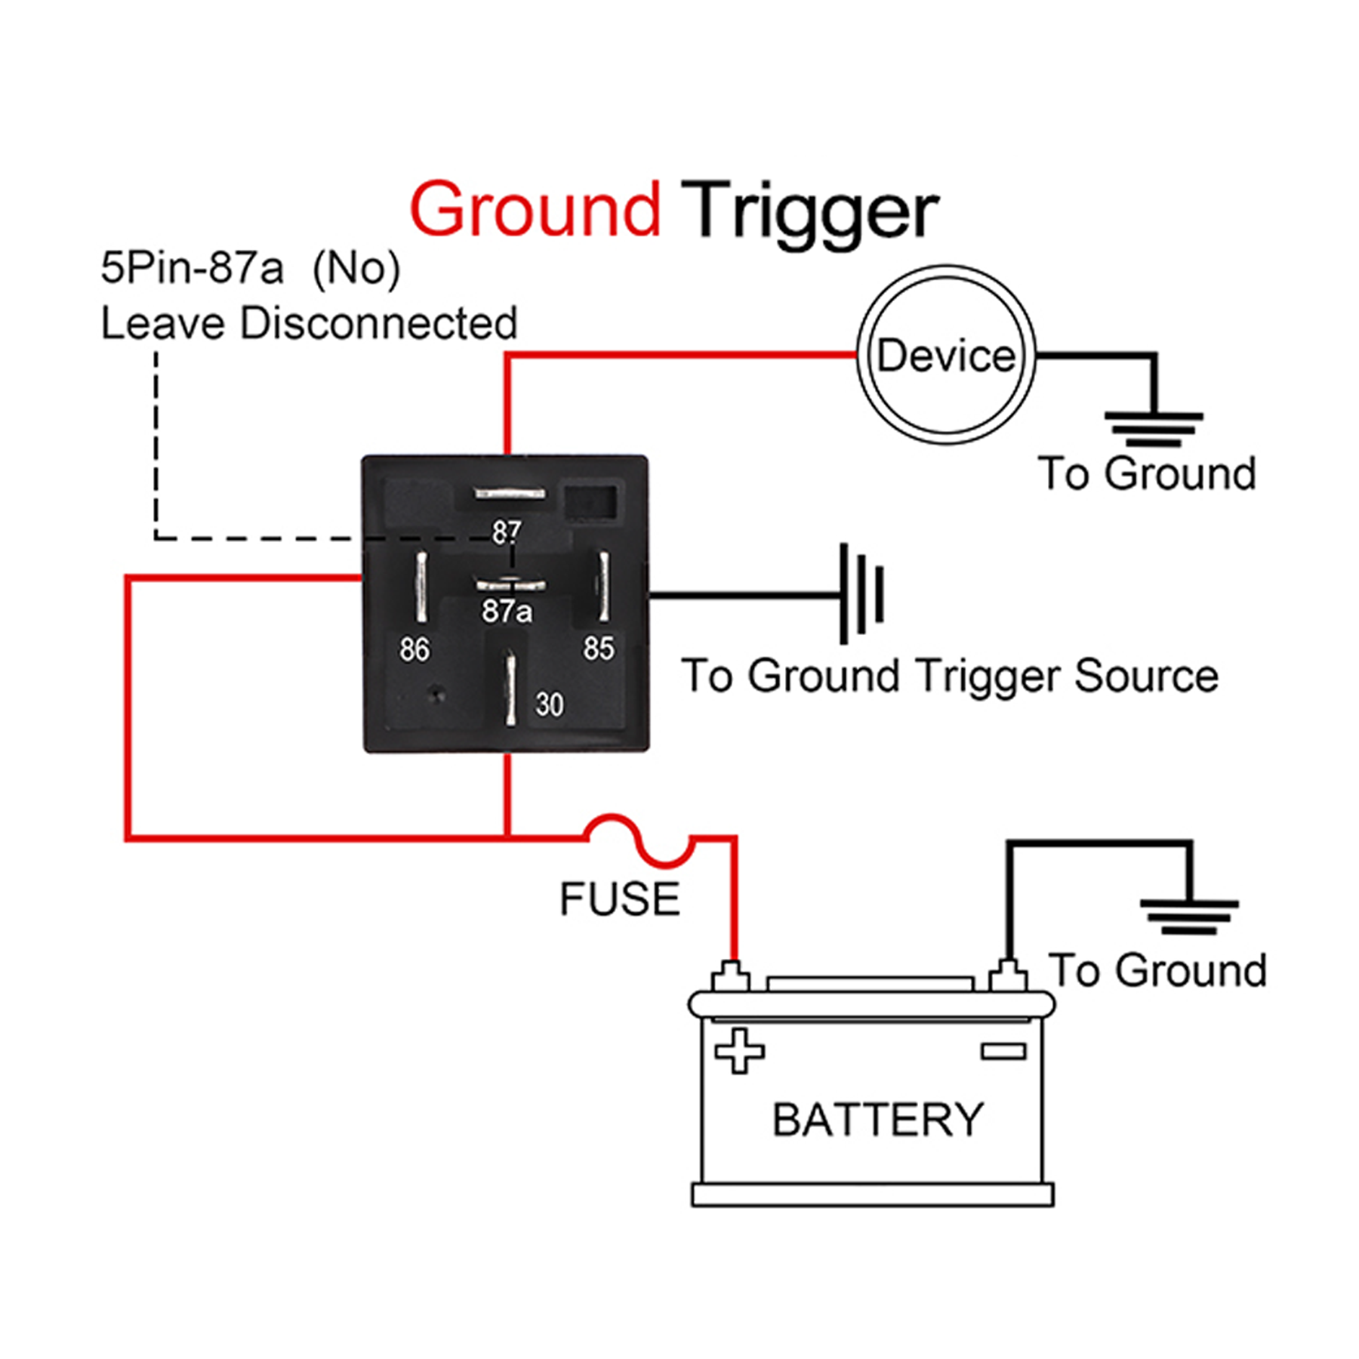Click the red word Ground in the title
[x=535, y=210]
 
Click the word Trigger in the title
[x=809, y=211]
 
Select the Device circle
[x=946, y=355]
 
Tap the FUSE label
[x=619, y=899]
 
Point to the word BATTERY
[x=877, y=1119]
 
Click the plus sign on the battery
[x=739, y=1050]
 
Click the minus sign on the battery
[x=1003, y=1051]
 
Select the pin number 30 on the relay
[x=550, y=704]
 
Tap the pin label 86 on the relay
[x=414, y=649]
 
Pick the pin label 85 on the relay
[x=598, y=648]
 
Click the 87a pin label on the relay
[x=507, y=611]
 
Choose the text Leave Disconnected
[x=309, y=324]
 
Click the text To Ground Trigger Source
[x=949, y=675]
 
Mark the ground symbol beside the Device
[x=1153, y=428]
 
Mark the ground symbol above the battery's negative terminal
[x=1189, y=917]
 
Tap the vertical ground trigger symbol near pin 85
[x=861, y=593]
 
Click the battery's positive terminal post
[x=730, y=977]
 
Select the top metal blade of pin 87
[x=510, y=494]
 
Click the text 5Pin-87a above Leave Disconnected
[x=192, y=268]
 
